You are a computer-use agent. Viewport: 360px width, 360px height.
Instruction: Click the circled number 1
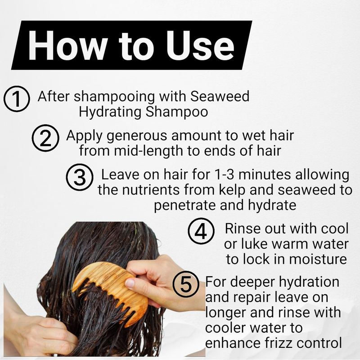click(17, 99)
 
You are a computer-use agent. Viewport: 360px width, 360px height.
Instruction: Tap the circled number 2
click(45, 138)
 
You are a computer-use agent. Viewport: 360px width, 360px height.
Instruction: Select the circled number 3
click(80, 177)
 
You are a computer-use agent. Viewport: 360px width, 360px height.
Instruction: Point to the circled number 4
click(201, 231)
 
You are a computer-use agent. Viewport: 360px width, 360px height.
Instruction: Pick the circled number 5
click(186, 284)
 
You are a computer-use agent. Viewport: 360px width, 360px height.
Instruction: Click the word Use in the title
click(200, 45)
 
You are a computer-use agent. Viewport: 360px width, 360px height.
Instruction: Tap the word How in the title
click(67, 45)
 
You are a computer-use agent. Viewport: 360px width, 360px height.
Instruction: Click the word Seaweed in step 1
click(220, 96)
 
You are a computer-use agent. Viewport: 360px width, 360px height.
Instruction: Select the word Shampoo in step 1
click(177, 112)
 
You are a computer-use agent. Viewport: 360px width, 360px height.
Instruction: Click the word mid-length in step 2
click(148, 152)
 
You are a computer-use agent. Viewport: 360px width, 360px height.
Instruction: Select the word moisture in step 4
click(318, 259)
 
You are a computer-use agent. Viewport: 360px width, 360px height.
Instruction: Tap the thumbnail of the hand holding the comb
click(130, 284)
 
